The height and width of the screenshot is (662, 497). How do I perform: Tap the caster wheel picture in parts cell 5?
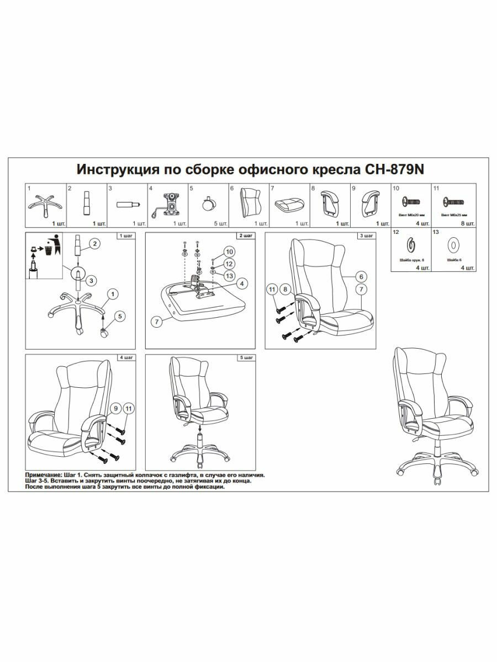click(x=209, y=203)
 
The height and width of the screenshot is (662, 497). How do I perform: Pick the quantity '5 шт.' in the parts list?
click(x=220, y=224)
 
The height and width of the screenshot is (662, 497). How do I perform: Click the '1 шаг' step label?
click(x=126, y=236)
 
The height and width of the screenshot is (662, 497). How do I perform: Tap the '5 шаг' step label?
click(x=246, y=358)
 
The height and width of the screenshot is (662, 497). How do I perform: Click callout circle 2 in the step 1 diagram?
click(x=94, y=244)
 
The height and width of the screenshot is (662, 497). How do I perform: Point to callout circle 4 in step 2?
click(x=241, y=283)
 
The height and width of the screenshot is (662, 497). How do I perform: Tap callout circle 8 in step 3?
click(x=285, y=289)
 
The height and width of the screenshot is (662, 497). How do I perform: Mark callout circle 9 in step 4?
click(x=115, y=409)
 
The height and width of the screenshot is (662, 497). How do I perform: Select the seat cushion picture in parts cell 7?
click(x=289, y=205)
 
